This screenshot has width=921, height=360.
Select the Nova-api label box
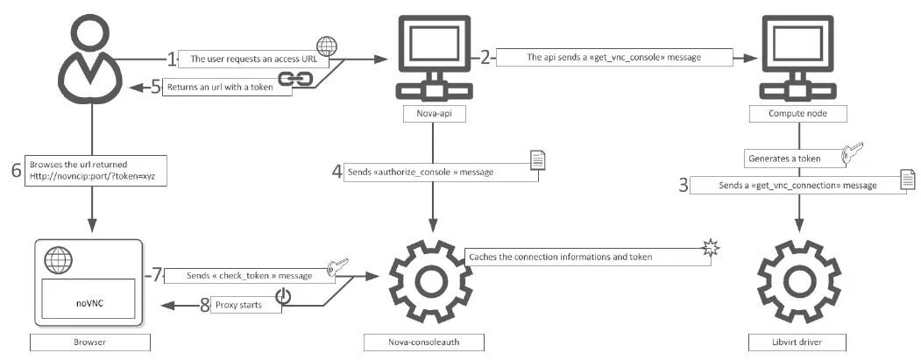pos(429,113)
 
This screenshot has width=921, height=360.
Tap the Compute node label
pos(796,113)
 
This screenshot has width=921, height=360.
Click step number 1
pos(172,60)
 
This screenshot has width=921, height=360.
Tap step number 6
pos(16,170)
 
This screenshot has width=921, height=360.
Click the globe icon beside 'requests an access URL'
pos(326,46)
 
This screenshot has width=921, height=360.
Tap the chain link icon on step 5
pos(290,81)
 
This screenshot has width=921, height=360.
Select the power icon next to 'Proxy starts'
pos(282,298)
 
